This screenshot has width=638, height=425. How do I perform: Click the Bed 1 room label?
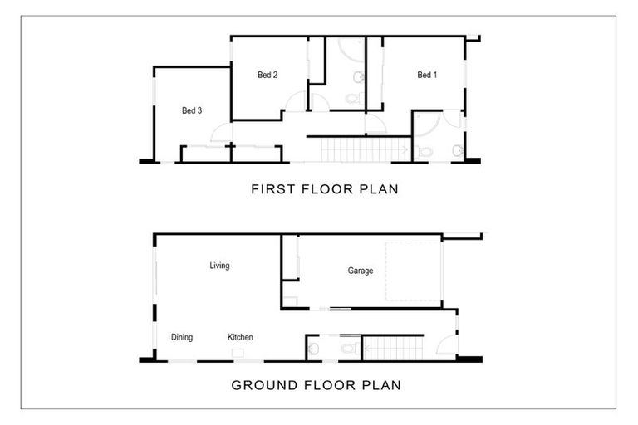(x=427, y=76)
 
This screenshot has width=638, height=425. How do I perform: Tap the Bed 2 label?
(x=267, y=76)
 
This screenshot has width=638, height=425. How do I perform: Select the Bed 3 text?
(x=192, y=110)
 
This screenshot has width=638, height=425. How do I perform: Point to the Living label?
(x=219, y=266)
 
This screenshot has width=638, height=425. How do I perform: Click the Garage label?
(x=360, y=271)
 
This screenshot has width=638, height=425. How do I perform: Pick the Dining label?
(x=182, y=337)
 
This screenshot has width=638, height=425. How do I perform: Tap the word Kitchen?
(x=240, y=337)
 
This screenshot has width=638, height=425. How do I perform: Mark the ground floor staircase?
(x=394, y=347)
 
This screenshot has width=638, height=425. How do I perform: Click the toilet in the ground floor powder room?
(x=349, y=348)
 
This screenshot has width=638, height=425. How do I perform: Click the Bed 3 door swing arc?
(x=221, y=133)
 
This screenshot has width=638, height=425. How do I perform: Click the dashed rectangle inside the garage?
(x=412, y=271)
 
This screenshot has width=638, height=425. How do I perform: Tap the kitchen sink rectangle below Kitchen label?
(x=238, y=352)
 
